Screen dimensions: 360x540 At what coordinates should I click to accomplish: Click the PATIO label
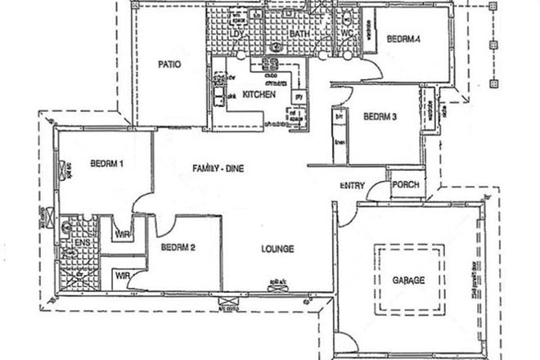point(169,64)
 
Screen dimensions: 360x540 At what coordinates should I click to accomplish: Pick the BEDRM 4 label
point(404,38)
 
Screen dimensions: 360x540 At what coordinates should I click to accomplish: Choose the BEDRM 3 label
point(380,117)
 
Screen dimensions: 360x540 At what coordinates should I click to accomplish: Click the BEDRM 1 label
point(107,164)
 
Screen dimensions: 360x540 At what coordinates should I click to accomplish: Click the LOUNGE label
point(277,249)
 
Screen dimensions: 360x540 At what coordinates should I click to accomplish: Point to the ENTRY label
point(353,186)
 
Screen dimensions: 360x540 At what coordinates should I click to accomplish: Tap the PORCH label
point(406,185)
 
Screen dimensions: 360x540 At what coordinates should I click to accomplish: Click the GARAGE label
point(409,281)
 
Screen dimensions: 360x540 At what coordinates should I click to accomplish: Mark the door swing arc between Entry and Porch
point(378,193)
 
